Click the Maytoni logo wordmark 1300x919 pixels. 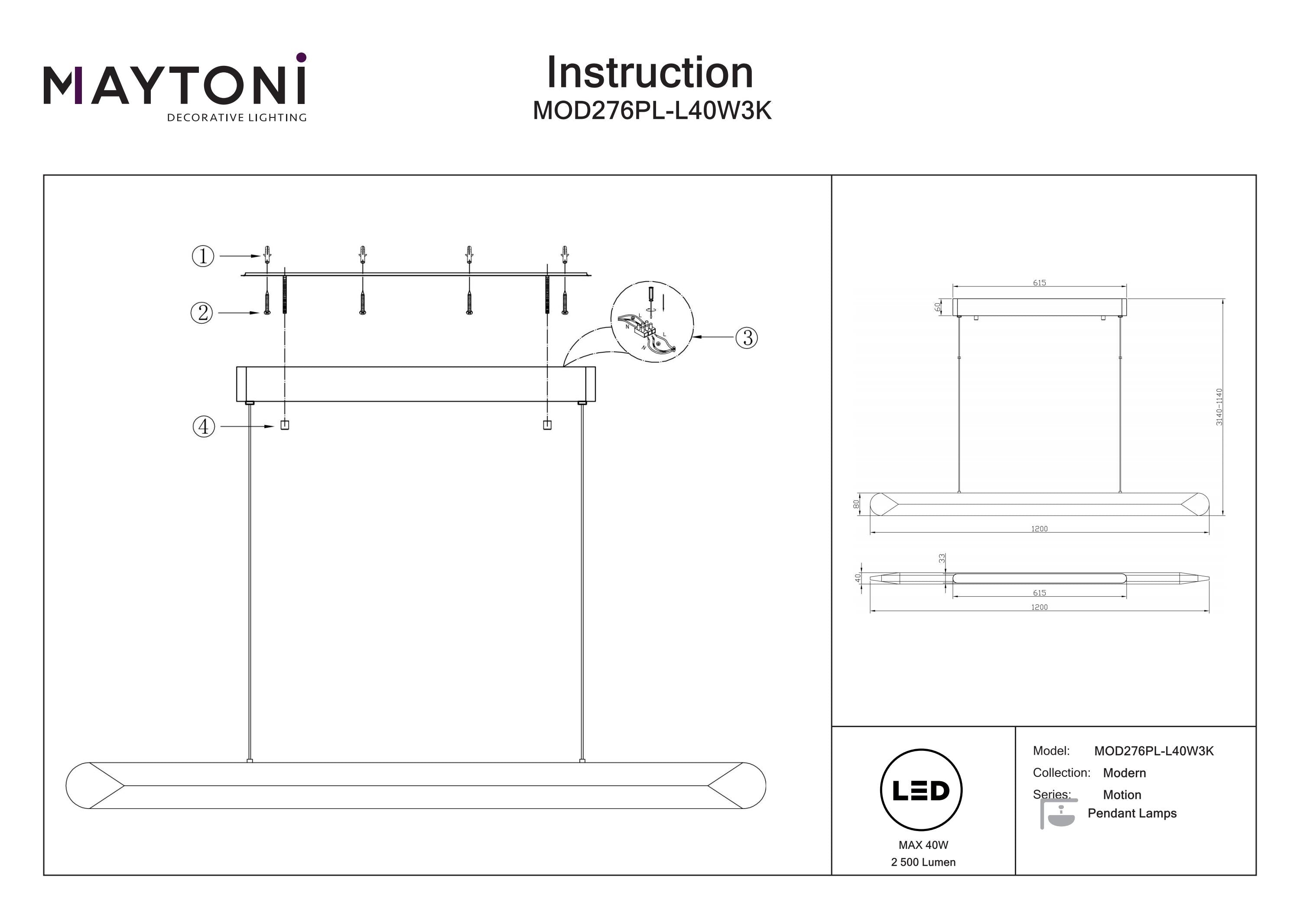click(174, 86)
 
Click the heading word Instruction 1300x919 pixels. click(650, 73)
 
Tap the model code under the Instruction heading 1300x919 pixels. click(652, 111)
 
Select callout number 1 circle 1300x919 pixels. click(203, 256)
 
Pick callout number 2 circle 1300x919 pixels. click(202, 312)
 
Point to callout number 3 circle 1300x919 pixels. click(746, 338)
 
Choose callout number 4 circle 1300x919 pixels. click(204, 426)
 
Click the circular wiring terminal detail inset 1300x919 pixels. click(652, 321)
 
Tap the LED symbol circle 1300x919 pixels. click(921, 790)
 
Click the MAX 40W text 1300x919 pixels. click(923, 845)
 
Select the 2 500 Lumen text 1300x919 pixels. click(923, 862)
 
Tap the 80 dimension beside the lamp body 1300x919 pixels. click(856, 503)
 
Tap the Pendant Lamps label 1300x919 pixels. click(1132, 813)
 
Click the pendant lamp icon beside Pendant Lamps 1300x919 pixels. click(1058, 814)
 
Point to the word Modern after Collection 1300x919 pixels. click(1124, 773)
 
